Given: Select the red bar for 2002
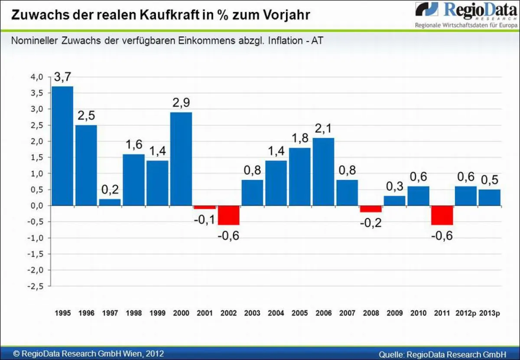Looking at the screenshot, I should (228, 215).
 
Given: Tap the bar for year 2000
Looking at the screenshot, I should (181, 158).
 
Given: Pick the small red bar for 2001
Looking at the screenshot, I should (205, 207).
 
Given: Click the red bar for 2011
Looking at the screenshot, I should (442, 215).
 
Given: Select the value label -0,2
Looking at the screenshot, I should (371, 223).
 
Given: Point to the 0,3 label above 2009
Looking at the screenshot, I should (394, 187).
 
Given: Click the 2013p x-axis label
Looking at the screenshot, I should (490, 313).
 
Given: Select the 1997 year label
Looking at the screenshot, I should (110, 313).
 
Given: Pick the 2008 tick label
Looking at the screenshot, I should (371, 313).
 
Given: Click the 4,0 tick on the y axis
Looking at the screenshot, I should (37, 77).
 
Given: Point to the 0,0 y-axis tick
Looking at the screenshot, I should (37, 206).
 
